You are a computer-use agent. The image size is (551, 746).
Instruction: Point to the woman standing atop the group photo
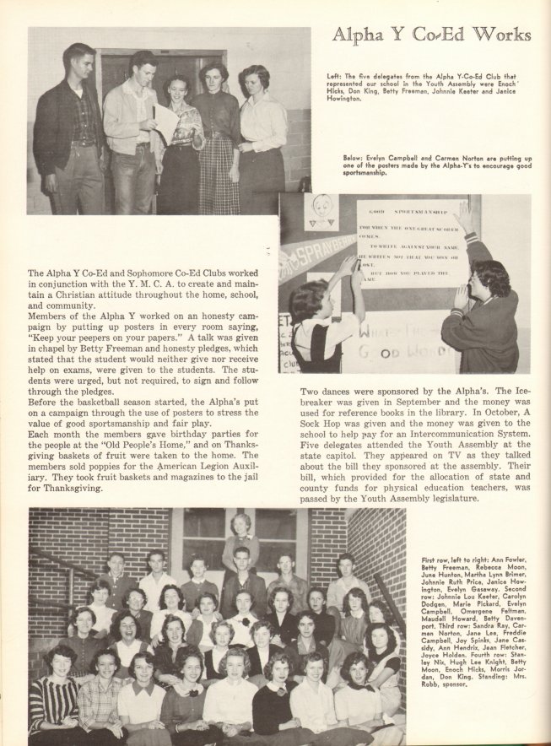tap(240, 540)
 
